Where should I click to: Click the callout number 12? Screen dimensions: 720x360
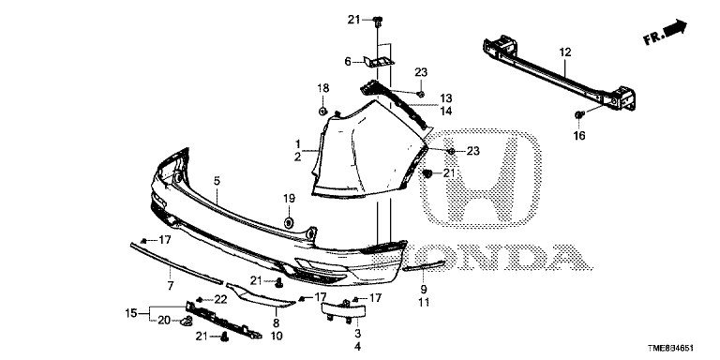565,54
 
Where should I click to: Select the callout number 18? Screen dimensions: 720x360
323,88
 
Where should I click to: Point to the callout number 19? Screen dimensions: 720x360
289,198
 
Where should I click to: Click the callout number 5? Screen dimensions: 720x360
217,180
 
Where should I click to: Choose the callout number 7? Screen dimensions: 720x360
170,285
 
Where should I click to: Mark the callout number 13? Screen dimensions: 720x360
446,97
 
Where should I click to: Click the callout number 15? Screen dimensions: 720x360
131,312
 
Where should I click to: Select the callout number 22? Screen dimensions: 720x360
222,299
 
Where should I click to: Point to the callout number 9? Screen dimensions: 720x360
423,290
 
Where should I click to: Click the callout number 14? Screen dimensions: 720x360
446,111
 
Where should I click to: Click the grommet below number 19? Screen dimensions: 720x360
289,221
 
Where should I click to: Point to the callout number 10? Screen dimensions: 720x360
276,335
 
